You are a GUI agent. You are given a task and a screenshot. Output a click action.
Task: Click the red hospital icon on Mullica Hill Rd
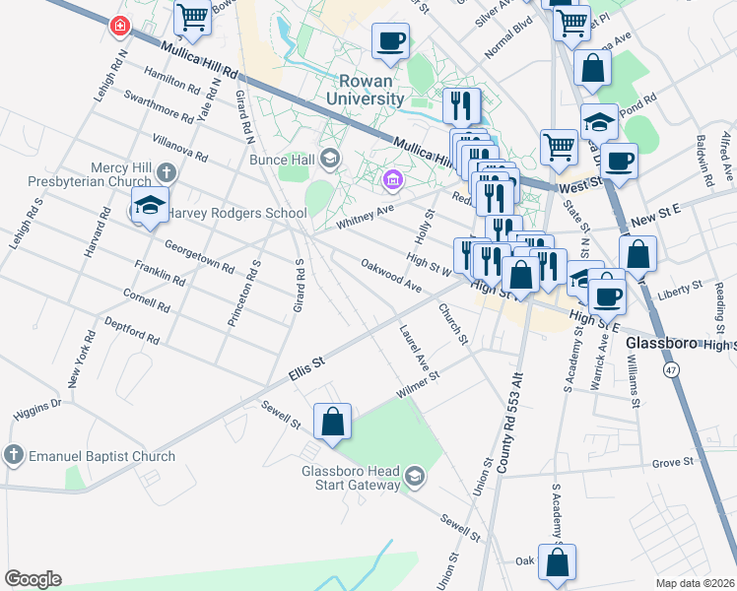[118, 24]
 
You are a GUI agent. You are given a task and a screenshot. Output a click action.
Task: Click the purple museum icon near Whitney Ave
[393, 179]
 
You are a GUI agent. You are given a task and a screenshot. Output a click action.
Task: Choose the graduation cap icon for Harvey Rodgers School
[149, 206]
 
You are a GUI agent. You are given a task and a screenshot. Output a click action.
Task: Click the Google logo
[33, 578]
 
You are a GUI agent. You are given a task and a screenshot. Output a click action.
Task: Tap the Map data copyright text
[695, 583]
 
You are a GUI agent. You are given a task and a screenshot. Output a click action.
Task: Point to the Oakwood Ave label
[391, 276]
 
